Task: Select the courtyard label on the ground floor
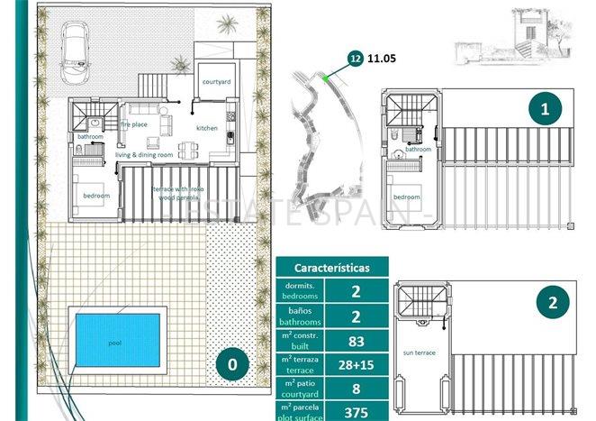[x=217, y=81]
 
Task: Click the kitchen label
[x=207, y=129]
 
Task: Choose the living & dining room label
[x=145, y=155]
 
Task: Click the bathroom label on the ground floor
[x=90, y=137]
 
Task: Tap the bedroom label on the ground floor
[x=96, y=196]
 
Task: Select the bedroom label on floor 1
[x=406, y=197]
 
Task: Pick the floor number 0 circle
[x=231, y=365]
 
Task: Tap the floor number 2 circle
[x=552, y=302]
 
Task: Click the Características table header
[x=331, y=266]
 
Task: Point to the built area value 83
[x=356, y=341]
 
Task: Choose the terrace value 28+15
[x=356, y=366]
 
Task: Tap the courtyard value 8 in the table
[x=356, y=390]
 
